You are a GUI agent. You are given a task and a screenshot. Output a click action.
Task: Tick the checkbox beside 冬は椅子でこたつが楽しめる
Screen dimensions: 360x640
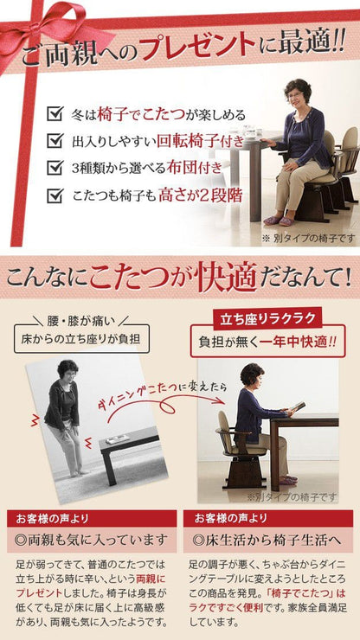coord(55,114)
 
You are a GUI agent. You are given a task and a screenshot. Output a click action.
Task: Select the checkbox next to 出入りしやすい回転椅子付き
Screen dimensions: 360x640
coord(55,141)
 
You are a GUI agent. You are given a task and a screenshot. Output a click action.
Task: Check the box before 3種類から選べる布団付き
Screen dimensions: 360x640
coord(55,168)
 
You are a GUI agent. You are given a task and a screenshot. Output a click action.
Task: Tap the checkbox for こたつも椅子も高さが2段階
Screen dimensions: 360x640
coord(55,195)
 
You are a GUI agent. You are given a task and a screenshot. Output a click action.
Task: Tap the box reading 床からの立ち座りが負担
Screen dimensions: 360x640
coord(81,339)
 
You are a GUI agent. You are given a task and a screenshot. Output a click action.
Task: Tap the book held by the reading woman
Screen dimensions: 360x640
coord(298,407)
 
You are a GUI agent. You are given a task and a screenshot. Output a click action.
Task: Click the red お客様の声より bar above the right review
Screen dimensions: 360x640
coord(268,518)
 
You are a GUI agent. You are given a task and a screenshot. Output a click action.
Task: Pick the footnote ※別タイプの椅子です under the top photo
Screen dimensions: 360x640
coord(308,238)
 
